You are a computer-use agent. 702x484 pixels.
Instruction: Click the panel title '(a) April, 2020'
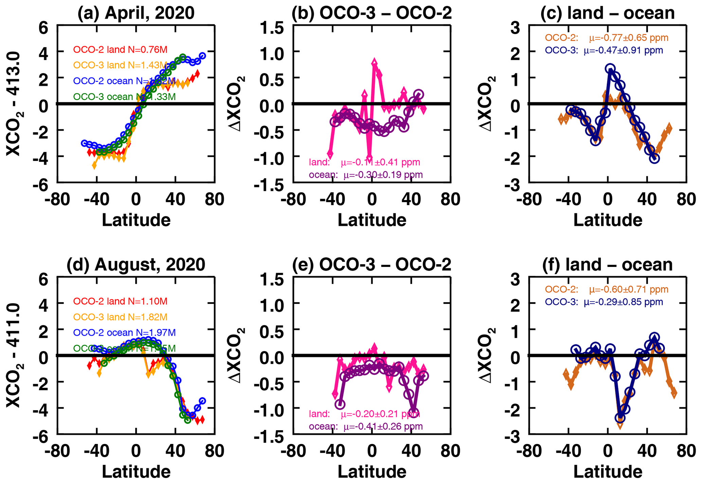136,13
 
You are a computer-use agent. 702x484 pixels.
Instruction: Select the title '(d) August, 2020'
136,265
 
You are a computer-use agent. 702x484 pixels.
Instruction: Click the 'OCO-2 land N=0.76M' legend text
120,50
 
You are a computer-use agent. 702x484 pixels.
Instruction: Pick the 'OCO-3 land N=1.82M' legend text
120,317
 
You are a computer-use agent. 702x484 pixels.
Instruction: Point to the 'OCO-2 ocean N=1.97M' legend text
124,333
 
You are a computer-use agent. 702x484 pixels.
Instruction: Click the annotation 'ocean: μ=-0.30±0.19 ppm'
366,175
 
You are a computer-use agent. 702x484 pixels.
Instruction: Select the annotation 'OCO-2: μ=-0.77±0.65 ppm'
607,38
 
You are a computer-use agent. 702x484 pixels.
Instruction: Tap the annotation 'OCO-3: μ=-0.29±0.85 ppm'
604,302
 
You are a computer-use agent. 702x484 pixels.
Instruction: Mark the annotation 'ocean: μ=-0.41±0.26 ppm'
366,427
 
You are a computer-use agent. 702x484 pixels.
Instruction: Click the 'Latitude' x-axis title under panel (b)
372,220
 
